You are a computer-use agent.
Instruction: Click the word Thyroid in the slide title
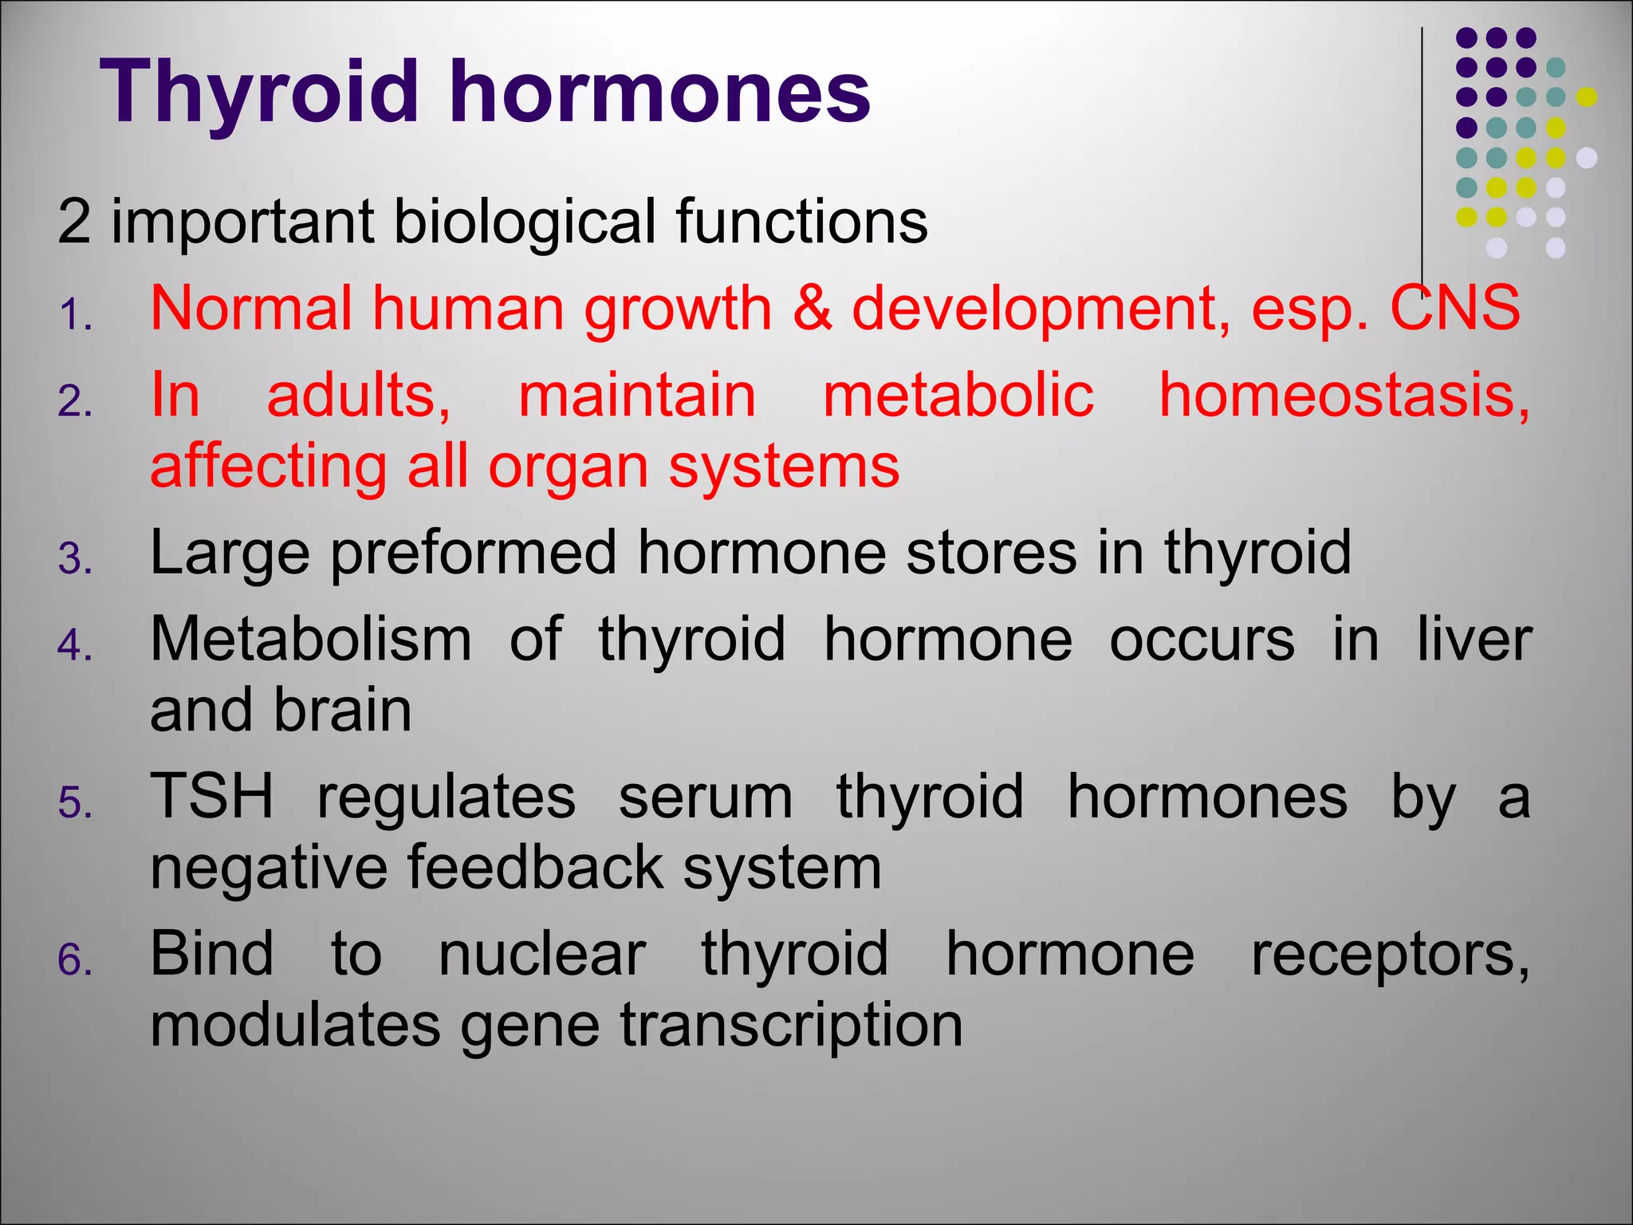259,94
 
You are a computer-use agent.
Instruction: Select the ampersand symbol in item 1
812,309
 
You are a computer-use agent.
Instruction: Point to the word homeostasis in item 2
1344,396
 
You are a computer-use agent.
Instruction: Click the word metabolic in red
958,396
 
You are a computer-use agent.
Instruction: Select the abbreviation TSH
212,796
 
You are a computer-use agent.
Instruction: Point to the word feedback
535,867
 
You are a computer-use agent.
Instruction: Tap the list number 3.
75,558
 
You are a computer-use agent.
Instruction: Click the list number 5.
75,802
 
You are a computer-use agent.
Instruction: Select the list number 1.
75,315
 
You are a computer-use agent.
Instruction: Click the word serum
706,796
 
